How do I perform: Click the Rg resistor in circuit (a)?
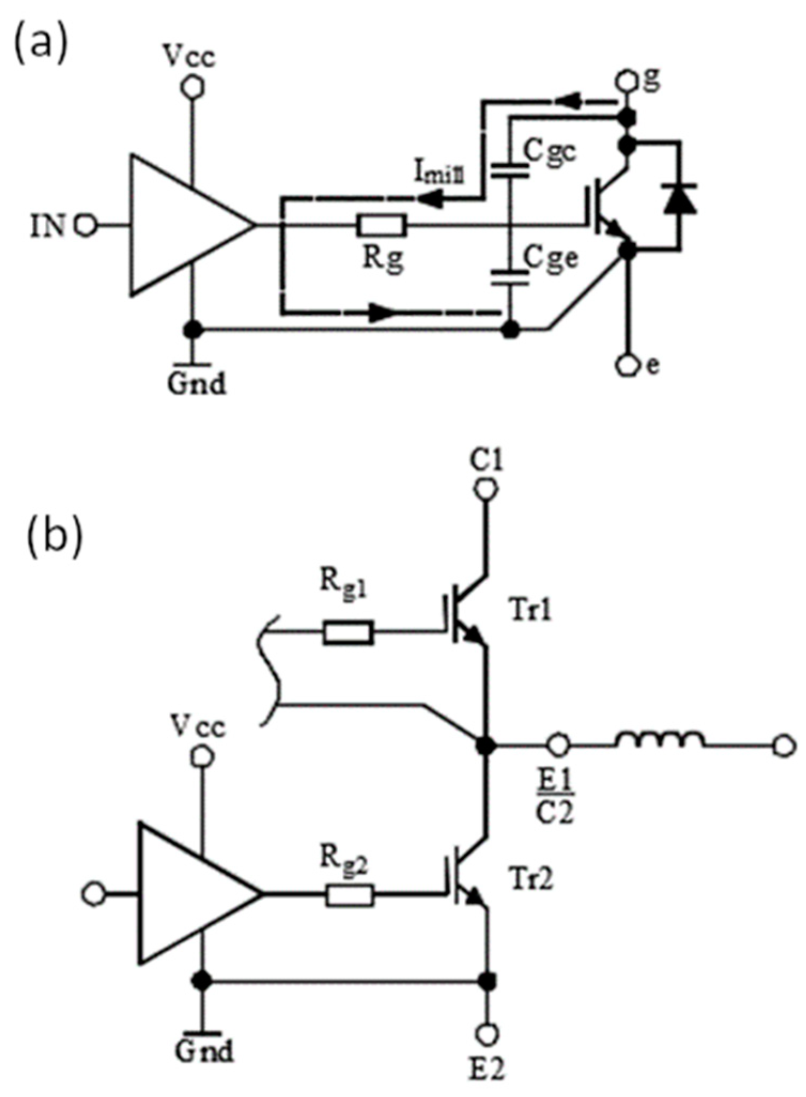(381, 225)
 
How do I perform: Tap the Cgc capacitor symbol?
(510, 171)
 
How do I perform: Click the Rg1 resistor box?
(349, 632)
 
